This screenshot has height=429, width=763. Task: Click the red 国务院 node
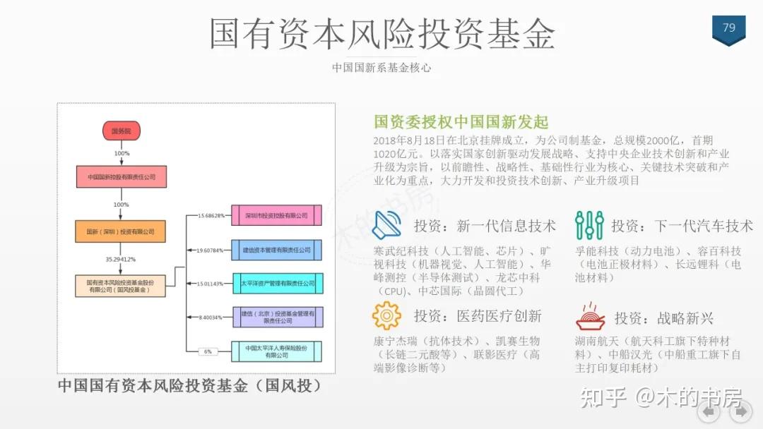pyautogui.click(x=122, y=131)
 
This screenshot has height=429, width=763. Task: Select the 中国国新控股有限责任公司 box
pyautogui.click(x=122, y=177)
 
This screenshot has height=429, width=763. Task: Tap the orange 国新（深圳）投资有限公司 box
pyautogui.click(x=120, y=231)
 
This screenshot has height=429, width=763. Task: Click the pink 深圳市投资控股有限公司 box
pyautogui.click(x=276, y=215)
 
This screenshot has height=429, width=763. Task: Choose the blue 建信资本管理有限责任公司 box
pyautogui.click(x=276, y=250)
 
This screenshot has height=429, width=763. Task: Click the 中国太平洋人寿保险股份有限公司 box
pyautogui.click(x=276, y=351)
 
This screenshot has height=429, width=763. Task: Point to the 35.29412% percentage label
pyautogui.click(x=120, y=259)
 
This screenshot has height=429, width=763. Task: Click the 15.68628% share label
pyautogui.click(x=211, y=215)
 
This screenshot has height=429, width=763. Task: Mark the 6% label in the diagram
pyautogui.click(x=208, y=351)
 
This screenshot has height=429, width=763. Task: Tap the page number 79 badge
pyautogui.click(x=728, y=28)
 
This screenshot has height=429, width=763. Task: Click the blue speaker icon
pyautogui.click(x=387, y=225)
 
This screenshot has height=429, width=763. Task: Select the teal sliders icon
pyautogui.click(x=588, y=225)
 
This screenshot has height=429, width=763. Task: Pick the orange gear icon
pyautogui.click(x=386, y=315)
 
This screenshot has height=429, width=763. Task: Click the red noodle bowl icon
pyautogui.click(x=590, y=317)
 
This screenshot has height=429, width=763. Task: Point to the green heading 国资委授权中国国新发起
pyautogui.click(x=461, y=122)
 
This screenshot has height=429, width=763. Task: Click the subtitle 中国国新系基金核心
pyautogui.click(x=381, y=68)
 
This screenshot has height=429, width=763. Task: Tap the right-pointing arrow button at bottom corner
pyautogui.click(x=740, y=412)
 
